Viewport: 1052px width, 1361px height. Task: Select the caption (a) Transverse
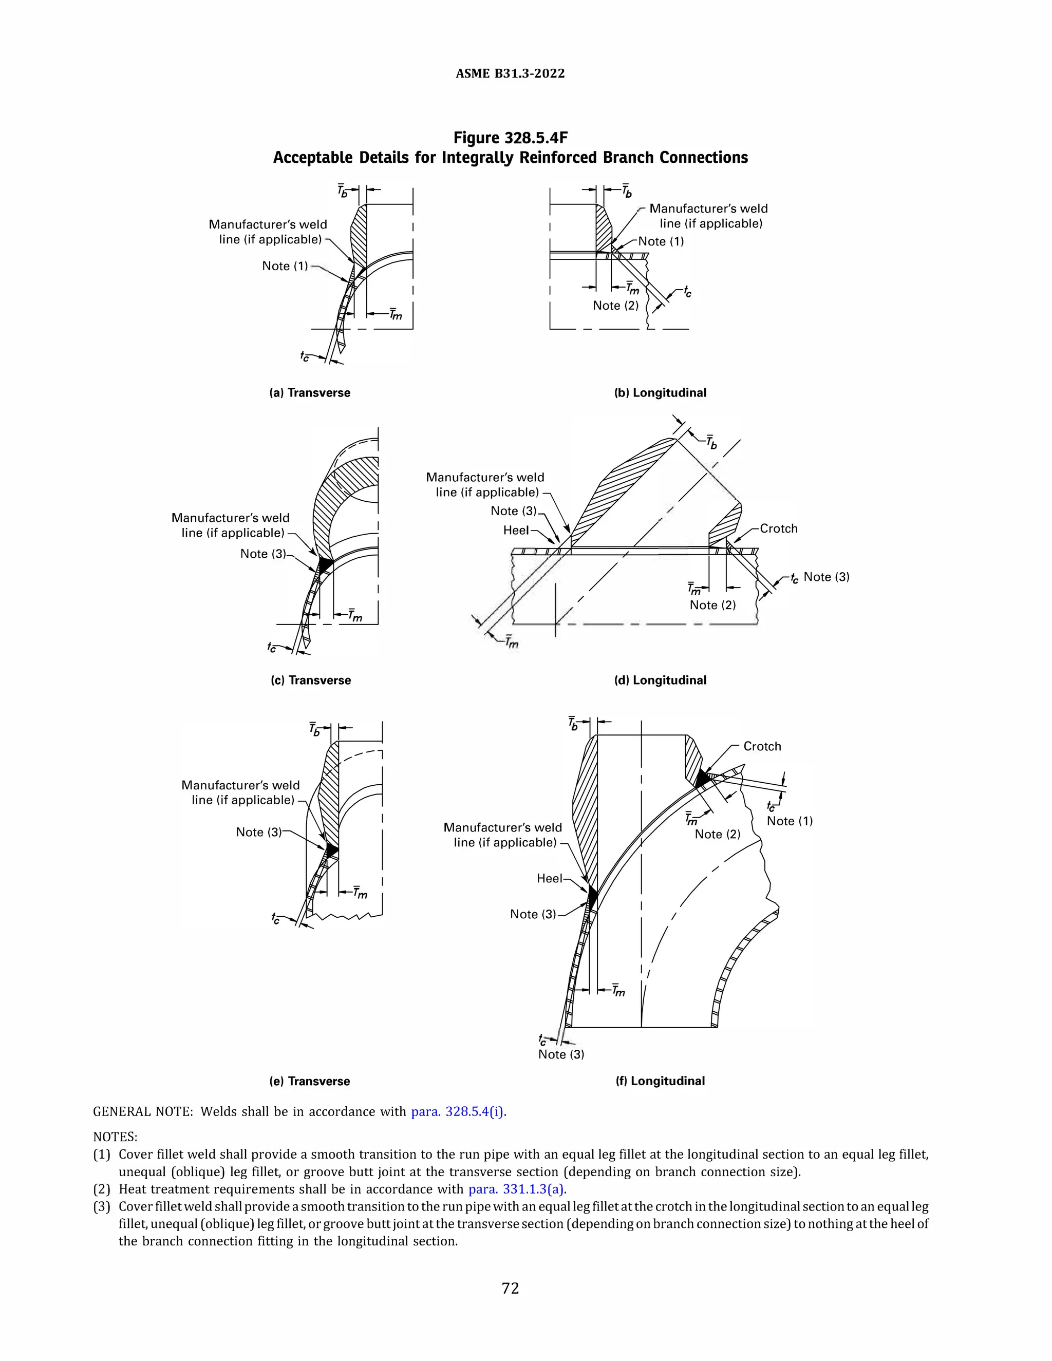coord(310,392)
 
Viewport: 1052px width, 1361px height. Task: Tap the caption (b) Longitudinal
coord(660,392)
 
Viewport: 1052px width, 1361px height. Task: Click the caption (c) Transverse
coord(310,680)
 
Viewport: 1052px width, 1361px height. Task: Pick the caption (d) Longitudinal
coord(660,680)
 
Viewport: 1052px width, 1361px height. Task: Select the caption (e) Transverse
coord(310,1081)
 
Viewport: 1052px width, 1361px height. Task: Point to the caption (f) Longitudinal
coord(660,1081)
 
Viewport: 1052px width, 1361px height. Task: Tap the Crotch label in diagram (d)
coord(778,528)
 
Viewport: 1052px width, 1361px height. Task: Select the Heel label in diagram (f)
coord(549,878)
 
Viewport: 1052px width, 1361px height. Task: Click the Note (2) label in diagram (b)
coord(615,306)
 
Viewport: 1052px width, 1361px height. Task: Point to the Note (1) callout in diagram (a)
coord(285,266)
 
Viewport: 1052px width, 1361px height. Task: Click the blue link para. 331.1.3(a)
coord(517,1189)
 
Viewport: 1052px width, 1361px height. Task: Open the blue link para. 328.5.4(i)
coord(459,1112)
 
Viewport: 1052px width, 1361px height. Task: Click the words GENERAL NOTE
coord(143,1112)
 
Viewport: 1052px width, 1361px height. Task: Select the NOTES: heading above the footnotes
coord(115,1137)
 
